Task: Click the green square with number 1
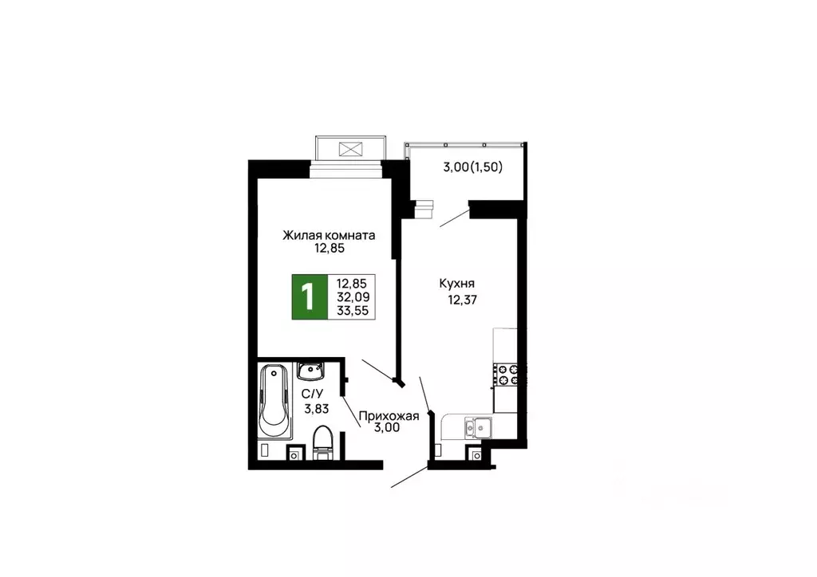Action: coord(306,296)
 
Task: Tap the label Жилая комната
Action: coord(329,235)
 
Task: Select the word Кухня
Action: coord(457,283)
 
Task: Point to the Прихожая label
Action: coord(389,414)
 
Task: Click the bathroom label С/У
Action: coord(312,394)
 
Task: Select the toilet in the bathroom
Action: coord(322,442)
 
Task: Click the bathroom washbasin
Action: coord(310,371)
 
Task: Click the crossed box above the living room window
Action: coord(350,148)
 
